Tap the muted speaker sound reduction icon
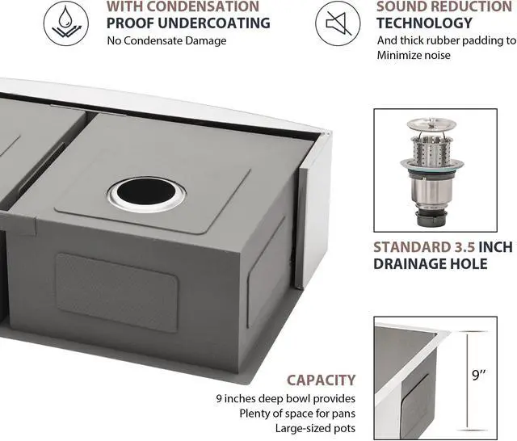[338, 23]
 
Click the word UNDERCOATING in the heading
[217, 23]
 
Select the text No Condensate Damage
[166, 41]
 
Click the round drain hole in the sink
[145, 194]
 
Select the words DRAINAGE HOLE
[430, 264]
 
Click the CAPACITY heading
[322, 380]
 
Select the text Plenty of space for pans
[299, 414]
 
